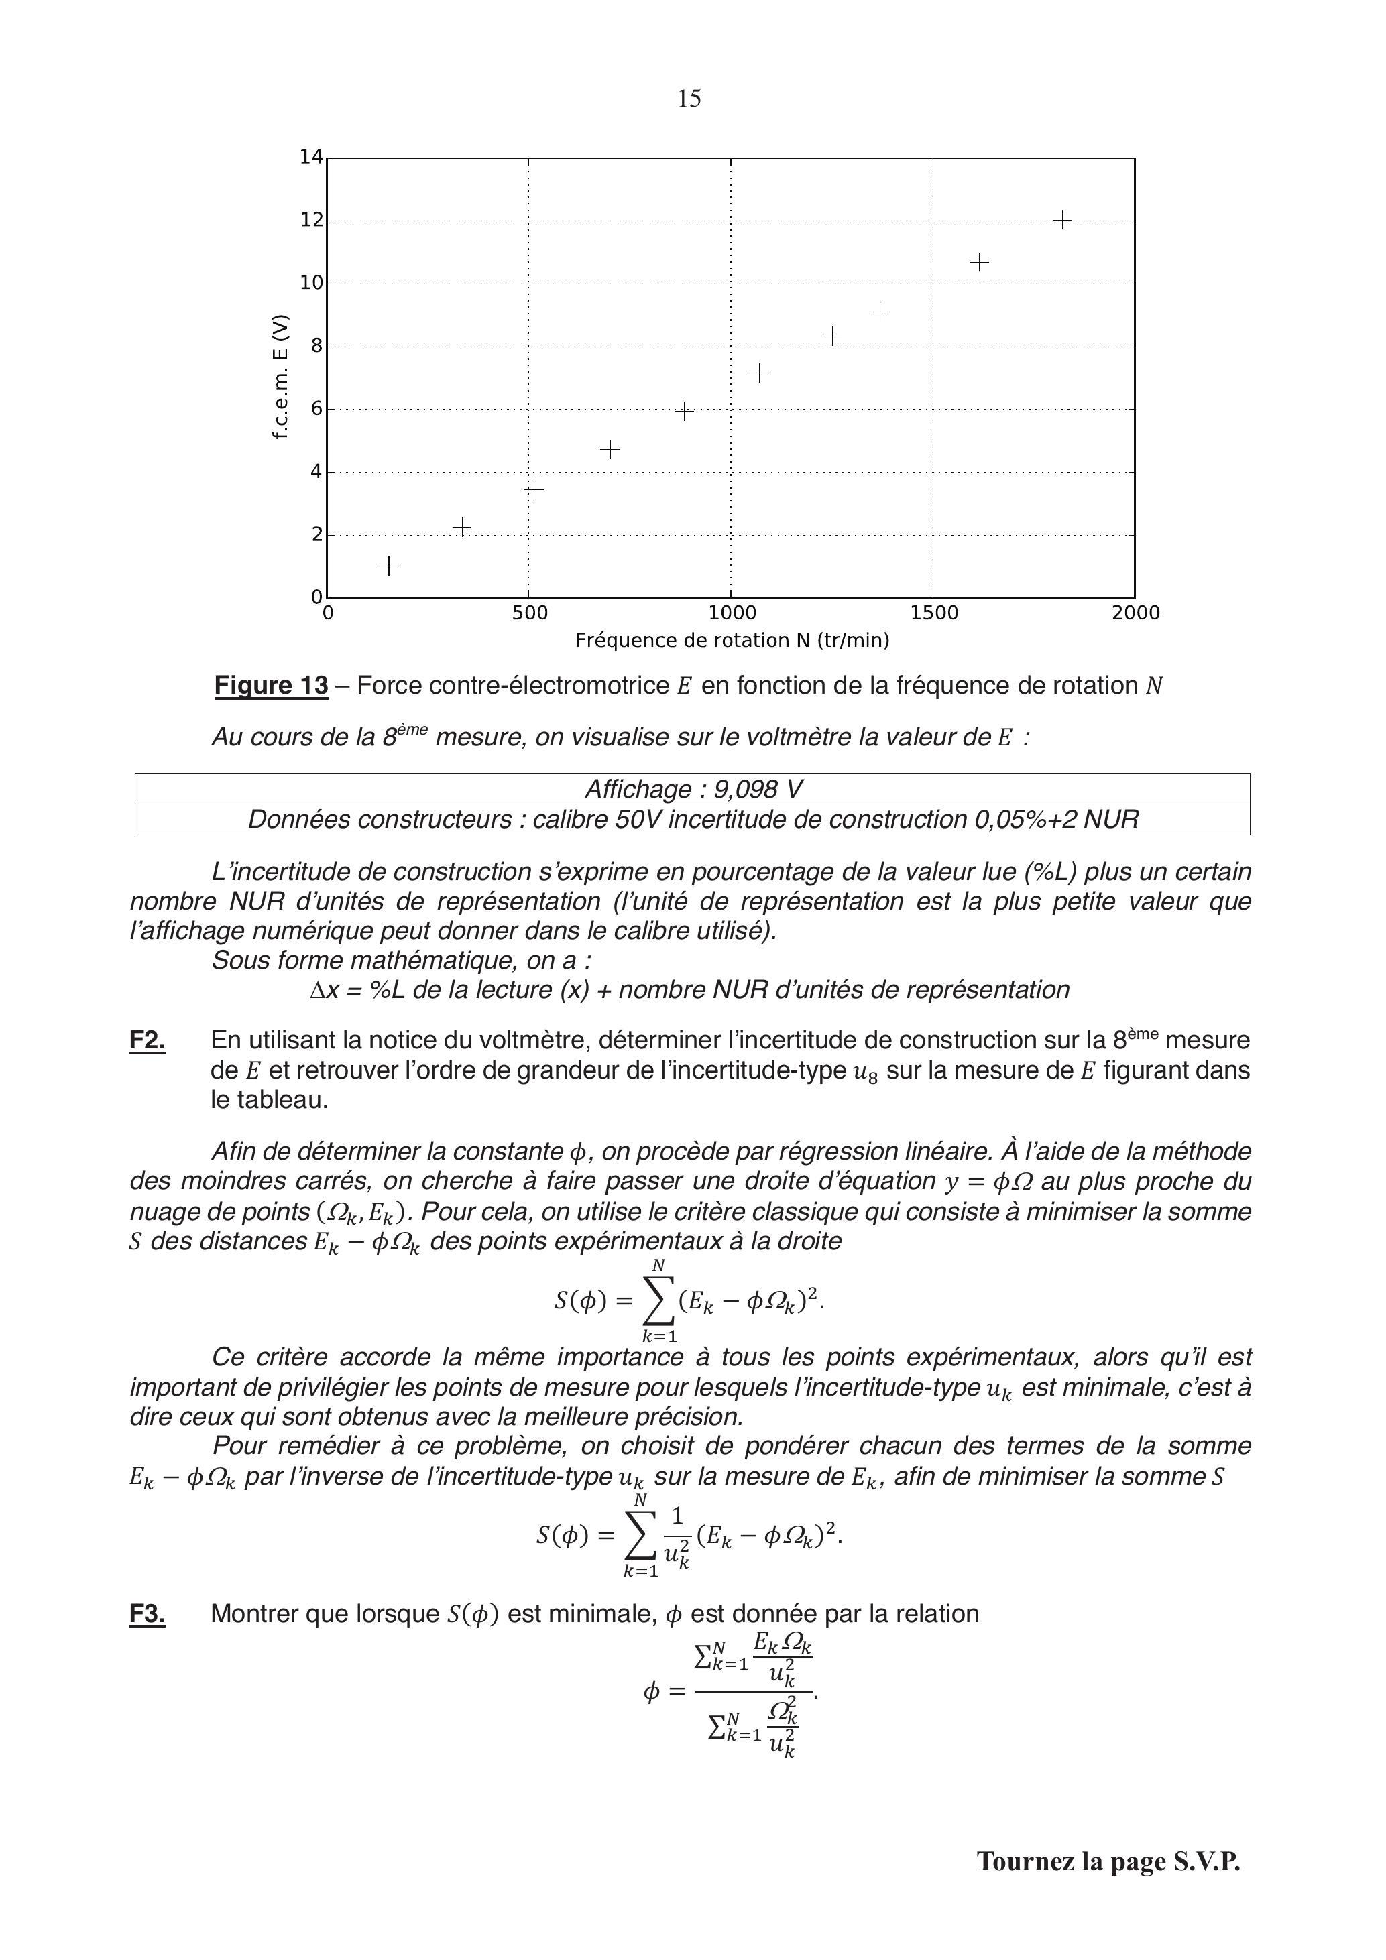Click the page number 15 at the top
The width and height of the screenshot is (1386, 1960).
689,99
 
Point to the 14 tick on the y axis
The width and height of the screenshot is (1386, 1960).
311,157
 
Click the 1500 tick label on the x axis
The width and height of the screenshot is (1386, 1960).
933,613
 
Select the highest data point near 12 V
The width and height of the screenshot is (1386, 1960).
1061,221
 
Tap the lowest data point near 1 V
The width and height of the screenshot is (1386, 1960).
388,566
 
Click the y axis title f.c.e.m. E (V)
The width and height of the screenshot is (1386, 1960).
280,377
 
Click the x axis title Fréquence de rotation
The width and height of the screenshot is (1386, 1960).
732,640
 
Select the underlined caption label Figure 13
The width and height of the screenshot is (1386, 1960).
271,686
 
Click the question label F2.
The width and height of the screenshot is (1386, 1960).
147,1040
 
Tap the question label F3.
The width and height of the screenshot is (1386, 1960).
147,1614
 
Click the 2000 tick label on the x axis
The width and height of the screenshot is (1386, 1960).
1136,613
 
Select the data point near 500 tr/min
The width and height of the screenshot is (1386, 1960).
534,489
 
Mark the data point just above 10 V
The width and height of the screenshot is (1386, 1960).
980,262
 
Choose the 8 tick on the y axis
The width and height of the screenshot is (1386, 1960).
316,346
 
